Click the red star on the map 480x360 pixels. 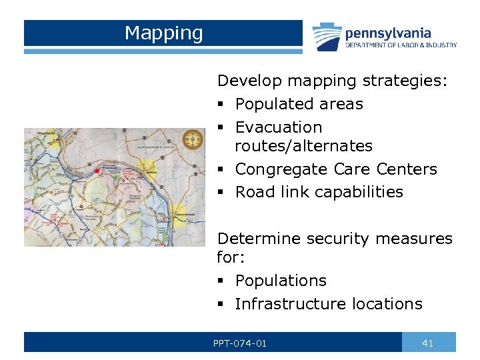click(97, 171)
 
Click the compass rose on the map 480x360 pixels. click(194, 139)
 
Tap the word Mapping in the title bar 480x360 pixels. click(163, 33)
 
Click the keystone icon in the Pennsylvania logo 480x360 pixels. click(327, 37)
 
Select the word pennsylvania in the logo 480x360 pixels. click(388, 33)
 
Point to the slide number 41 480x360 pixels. click(428, 343)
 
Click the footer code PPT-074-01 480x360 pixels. click(240, 343)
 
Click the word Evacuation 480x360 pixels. click(279, 127)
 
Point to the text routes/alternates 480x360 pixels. click(303, 145)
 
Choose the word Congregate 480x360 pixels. click(282, 169)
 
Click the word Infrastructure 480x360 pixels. click(285, 304)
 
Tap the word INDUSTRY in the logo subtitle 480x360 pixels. click(443, 45)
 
